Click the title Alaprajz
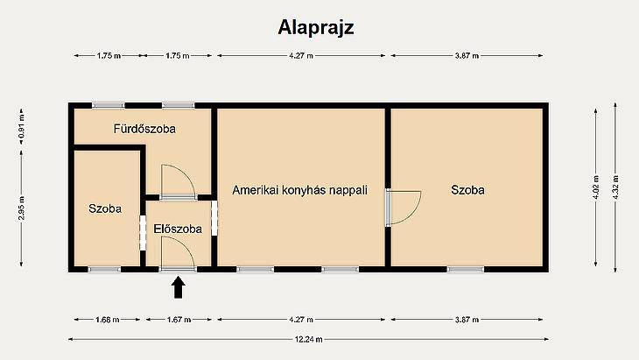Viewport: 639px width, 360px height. point(316,28)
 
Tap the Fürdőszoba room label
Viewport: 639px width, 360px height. point(144,129)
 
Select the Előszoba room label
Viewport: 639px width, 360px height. point(178,229)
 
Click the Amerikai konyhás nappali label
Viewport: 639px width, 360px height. point(300,190)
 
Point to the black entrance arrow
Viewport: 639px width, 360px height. point(178,287)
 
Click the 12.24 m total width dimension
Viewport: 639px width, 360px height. point(308,339)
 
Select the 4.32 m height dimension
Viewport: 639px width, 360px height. point(615,187)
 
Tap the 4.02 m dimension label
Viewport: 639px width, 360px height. point(596,187)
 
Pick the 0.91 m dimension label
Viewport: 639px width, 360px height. point(21,127)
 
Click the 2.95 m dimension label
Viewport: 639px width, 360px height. point(21,208)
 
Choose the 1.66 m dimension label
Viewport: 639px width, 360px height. point(108,320)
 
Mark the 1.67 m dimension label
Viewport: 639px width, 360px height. point(179,320)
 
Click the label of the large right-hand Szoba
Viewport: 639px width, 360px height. point(467,190)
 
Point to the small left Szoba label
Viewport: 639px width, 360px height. point(105,208)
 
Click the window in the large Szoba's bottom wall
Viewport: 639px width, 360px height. point(466,269)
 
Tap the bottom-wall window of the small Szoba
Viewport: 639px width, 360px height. point(105,269)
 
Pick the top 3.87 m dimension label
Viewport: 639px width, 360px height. point(467,56)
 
